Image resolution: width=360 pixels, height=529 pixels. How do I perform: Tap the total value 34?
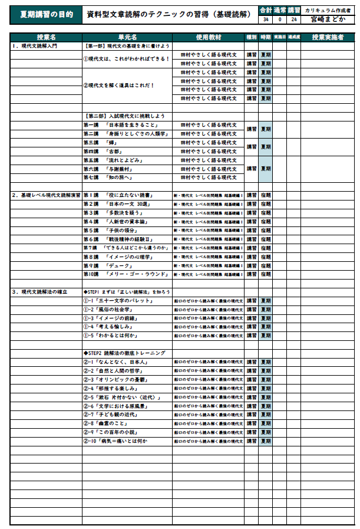point(266,19)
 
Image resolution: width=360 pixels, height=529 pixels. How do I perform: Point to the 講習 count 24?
point(294,19)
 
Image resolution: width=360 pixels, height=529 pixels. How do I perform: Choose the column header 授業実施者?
point(328,37)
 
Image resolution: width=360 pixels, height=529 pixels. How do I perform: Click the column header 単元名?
point(127,37)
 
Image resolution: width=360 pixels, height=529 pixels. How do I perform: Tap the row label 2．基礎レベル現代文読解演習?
point(46,195)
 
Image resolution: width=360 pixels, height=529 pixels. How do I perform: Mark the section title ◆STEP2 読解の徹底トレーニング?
point(124,353)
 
